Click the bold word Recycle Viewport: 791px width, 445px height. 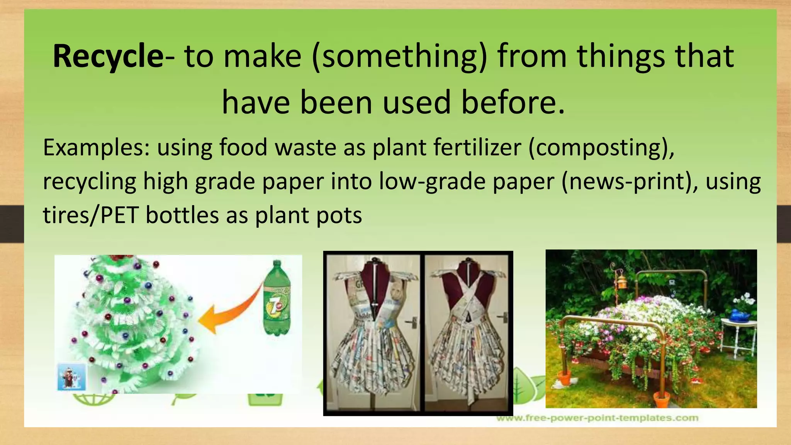108,57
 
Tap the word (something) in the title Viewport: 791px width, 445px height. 399,57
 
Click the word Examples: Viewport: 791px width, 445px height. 96,148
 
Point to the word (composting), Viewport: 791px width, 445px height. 601,148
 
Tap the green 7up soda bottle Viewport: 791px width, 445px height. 277,298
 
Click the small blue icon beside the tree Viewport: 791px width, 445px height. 72,376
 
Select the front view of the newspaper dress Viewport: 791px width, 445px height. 373,332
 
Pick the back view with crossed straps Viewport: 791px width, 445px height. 467,332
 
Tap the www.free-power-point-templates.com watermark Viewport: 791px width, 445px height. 597,418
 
